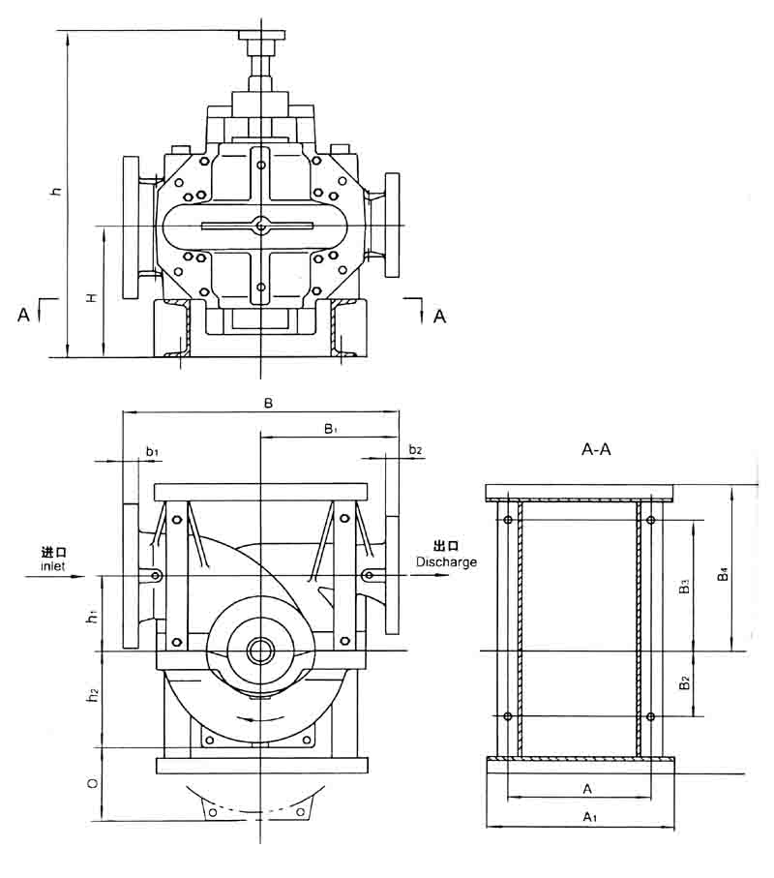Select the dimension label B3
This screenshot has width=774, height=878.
(683, 586)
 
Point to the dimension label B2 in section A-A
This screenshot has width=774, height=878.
(683, 682)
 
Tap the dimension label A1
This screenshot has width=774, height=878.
(589, 817)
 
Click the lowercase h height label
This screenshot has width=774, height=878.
(57, 192)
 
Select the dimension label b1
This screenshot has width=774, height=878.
(152, 451)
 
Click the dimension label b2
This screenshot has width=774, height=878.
(415, 450)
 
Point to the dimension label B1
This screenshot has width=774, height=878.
(330, 427)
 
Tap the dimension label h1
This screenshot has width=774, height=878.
(92, 615)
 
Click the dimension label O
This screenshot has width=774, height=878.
(92, 782)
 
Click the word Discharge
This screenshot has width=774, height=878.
(446, 561)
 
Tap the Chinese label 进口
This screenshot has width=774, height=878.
(54, 551)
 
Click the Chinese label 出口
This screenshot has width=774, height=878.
(445, 548)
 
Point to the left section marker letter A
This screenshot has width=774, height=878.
(23, 314)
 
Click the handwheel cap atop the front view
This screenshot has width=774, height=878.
(263, 37)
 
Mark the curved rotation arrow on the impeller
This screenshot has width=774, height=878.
(261, 718)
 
